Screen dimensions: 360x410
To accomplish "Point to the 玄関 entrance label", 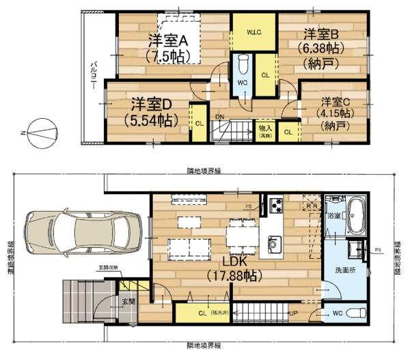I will (x=128, y=301).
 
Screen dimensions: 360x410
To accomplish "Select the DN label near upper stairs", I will (x=219, y=117).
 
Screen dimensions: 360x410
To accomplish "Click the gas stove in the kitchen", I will (x=275, y=204).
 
